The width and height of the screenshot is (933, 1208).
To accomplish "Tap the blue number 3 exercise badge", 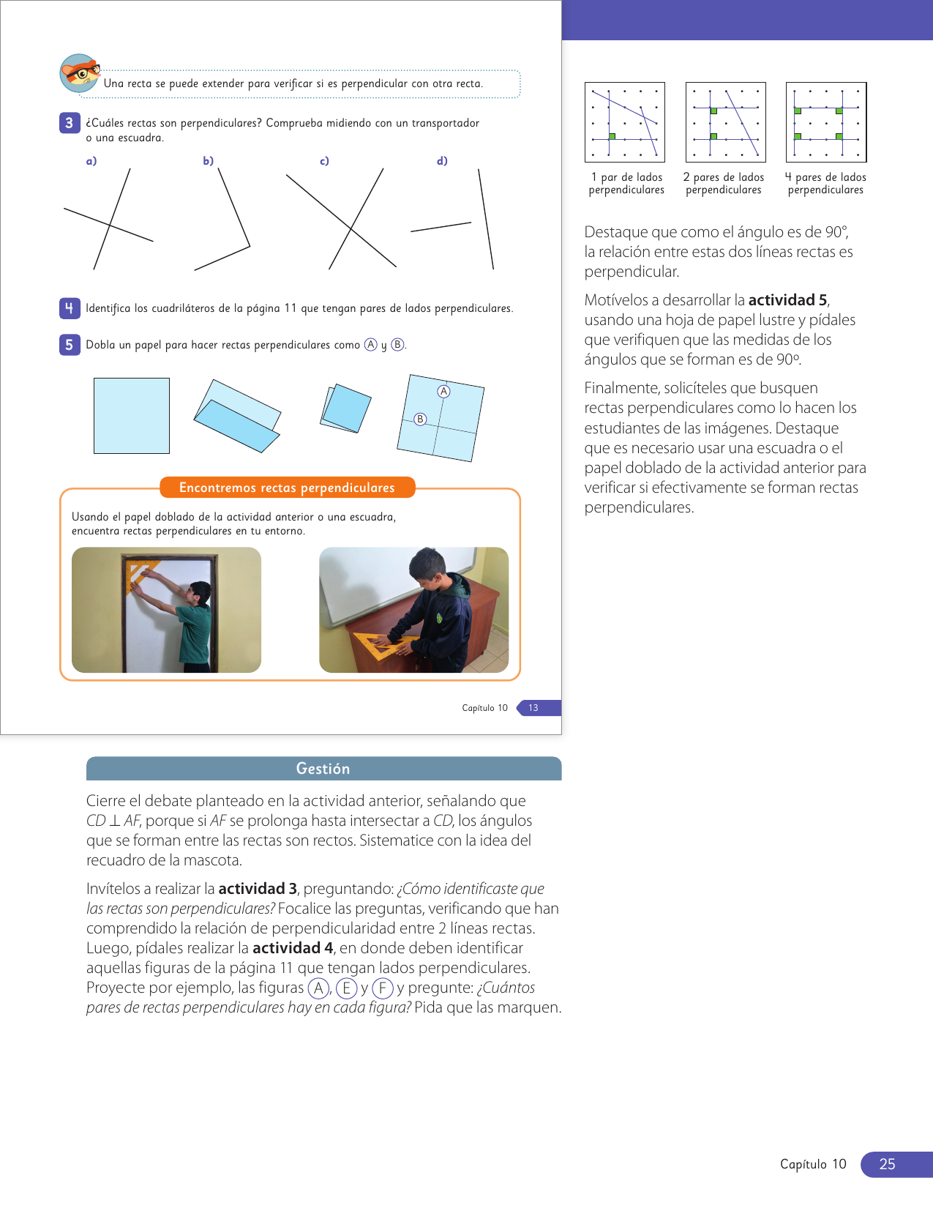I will tap(69, 123).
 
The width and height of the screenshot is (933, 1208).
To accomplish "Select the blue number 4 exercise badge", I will tap(69, 308).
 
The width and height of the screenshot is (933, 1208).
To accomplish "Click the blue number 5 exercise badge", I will tap(69, 345).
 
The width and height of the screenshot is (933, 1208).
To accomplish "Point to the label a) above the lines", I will tap(91, 161).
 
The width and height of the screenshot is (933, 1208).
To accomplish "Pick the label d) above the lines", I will tap(442, 161).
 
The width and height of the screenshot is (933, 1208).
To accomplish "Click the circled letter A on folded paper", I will tap(443, 392).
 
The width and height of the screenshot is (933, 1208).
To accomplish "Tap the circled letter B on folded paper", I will tap(420, 420).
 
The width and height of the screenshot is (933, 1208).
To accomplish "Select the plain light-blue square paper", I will tap(132, 416).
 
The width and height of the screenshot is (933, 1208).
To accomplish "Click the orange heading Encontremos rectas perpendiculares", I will tap(287, 488).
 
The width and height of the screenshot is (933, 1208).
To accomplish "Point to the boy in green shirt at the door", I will tap(195, 622).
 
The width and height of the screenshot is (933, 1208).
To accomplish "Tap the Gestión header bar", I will tap(323, 769).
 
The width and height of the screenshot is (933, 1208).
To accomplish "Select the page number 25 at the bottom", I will tap(887, 1164).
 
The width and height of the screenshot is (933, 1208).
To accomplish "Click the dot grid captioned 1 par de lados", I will tap(625, 122).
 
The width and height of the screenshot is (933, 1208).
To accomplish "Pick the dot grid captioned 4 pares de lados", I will tap(826, 122).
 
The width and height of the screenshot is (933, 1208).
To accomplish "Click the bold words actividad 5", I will tap(788, 300).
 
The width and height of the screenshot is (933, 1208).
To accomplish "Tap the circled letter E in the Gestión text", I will tap(346, 988).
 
